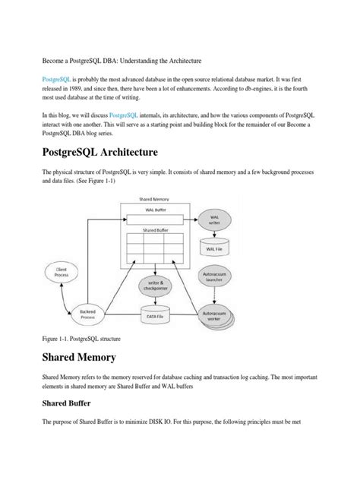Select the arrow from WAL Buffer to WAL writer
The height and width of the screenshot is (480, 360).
click(x=189, y=219)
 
